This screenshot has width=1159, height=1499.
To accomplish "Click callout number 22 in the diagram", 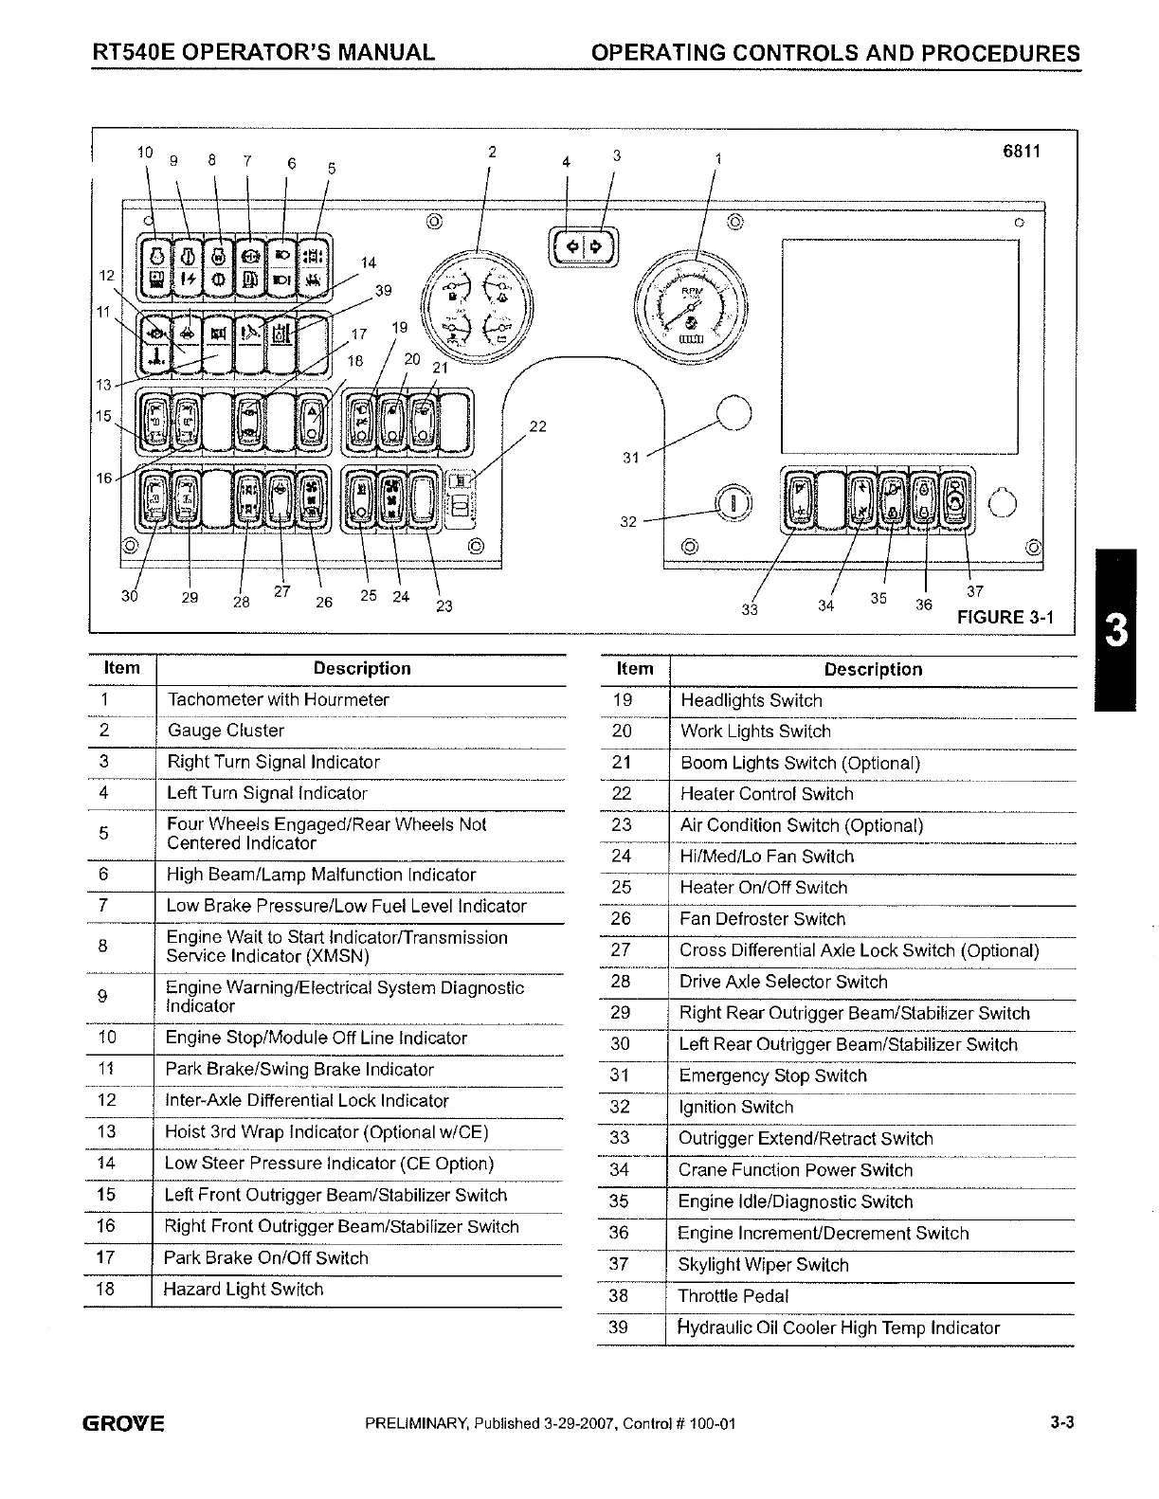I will pos(537,426).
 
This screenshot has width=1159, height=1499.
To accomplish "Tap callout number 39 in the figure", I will pos(383,291).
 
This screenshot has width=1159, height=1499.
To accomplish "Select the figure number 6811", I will pos(1021,152).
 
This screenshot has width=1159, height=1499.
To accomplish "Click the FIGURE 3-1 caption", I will pos(1005,617).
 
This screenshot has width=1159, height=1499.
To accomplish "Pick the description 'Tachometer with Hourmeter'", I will pos(279,700).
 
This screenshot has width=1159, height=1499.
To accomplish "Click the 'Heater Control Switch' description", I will pos(767,794).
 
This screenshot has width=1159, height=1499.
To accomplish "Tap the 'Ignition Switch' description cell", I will pos(736,1107).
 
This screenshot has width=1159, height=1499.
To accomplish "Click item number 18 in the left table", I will pos(105,1290).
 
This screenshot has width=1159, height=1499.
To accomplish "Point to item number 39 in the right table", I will pos(618,1327).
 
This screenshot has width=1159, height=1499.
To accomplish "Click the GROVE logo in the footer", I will pos(124,1424).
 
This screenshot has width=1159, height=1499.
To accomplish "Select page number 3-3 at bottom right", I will pos(1060,1423).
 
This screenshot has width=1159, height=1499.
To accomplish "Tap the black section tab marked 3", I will pos(1116,630).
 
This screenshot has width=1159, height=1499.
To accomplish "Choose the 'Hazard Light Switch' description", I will pos(244,1290).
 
